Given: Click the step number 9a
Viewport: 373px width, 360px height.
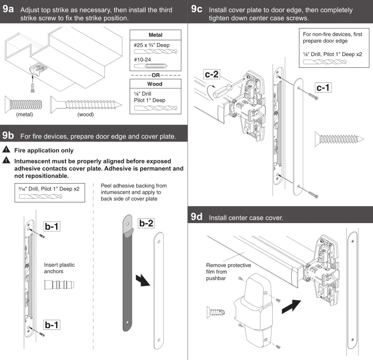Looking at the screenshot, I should point(9,10).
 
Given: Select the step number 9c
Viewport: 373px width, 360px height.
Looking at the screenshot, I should point(197,10).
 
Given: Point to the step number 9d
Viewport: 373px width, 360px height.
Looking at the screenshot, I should point(197,217).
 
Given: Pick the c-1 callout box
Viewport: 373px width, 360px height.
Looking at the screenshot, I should point(323,87).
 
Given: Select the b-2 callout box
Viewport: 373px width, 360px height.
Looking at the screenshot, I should point(146,223).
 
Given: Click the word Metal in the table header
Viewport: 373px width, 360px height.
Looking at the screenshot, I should point(156,35).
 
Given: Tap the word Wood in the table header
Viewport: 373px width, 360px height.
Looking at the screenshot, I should point(155,84).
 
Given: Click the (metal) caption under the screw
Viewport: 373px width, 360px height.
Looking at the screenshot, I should point(24,115).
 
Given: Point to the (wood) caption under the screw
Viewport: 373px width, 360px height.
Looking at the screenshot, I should point(86,115).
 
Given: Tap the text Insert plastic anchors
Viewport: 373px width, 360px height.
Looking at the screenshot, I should point(59,268).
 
